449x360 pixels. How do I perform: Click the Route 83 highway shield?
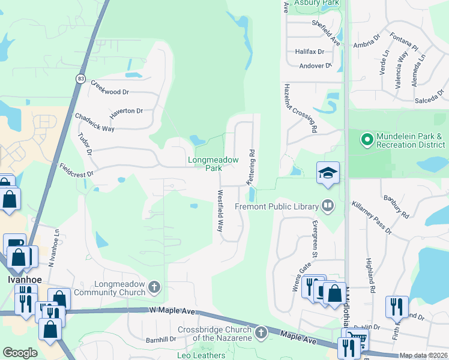pos(80,78)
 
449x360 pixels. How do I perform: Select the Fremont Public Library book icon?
pos(328,206)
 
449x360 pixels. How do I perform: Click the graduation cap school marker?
pos(328,173)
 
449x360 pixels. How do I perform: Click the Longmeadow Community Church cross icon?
pos(154,288)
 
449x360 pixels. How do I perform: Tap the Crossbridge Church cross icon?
pos(261,332)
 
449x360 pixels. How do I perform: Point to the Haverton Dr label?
pos(125,111)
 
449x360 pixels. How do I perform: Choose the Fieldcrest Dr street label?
pos(77,169)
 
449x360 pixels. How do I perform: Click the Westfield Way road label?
pos(220,211)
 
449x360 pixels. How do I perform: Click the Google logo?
pos(20,352)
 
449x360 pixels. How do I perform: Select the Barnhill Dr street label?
pos(160,340)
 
